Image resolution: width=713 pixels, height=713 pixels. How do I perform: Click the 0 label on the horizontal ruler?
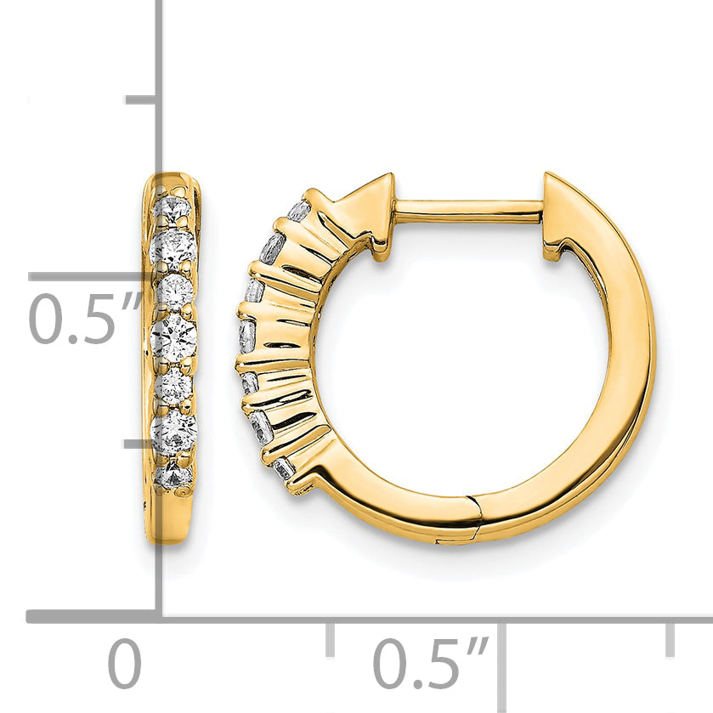tap(125, 664)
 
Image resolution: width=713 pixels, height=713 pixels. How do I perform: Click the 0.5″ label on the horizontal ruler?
tap(430, 663)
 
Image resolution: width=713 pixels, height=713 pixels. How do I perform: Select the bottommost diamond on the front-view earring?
tap(173, 474)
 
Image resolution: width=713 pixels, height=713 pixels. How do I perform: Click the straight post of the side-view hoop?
tap(468, 212)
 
